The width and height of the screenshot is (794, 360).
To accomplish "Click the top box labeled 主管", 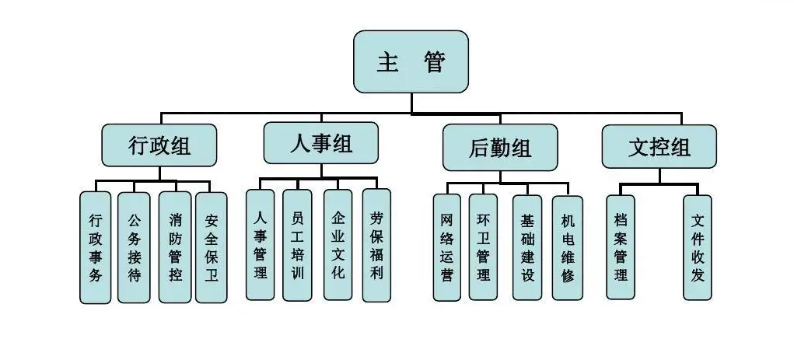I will coord(411,61).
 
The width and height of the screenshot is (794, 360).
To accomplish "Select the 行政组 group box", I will coord(159,145).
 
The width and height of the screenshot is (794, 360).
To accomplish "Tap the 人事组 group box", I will coord(320,142).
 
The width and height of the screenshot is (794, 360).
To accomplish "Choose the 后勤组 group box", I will coord(500,147).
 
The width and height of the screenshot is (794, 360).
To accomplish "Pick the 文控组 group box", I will coord(659,145).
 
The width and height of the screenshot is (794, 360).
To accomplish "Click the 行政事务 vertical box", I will coord(95,247).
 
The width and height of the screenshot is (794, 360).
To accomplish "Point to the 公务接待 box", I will coord(134,247).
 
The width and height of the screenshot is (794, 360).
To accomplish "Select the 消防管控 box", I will coord(175,247).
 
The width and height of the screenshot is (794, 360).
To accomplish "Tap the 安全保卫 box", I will coord(212,247).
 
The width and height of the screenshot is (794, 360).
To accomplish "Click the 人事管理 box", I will coord(260,244).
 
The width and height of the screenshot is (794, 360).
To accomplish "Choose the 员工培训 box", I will coord(297,244).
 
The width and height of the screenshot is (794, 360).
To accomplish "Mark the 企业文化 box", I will coord(338,244).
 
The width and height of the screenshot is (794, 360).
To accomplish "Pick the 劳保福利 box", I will coord(377,244).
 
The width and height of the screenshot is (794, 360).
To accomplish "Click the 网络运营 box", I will coord(446,247).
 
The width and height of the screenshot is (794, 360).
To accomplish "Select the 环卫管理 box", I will coord(483,247).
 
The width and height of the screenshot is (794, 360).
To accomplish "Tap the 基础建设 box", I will coord(527,247).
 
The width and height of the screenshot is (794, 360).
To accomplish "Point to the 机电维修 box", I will coord(567,247).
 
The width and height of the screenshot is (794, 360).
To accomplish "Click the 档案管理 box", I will coord(620,246).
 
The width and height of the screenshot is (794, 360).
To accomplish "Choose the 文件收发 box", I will coord(698,246).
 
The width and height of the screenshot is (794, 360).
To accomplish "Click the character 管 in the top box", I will coord(435,62).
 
